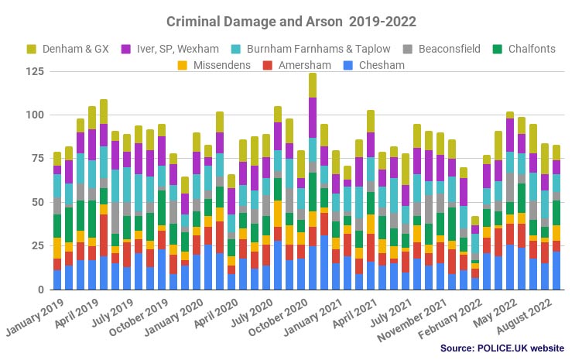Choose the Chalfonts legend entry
[x=528, y=50]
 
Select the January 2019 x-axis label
[x=35, y=317]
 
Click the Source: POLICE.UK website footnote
[x=502, y=348]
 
